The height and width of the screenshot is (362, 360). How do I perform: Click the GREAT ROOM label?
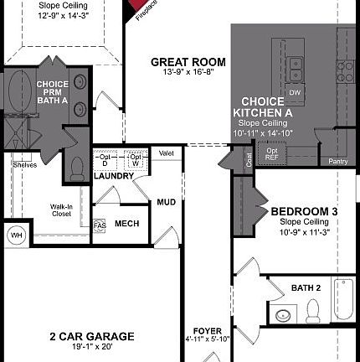[x=188, y=62]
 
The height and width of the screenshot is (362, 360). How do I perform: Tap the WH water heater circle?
[x=16, y=235]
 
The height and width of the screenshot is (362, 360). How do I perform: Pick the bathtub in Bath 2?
[x=342, y=299]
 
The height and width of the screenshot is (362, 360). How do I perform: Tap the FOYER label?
[x=207, y=331]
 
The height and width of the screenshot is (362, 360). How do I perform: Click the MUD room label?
[x=166, y=202]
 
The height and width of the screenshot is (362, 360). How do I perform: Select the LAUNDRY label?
[x=115, y=176]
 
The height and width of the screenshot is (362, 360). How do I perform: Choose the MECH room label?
[x=126, y=224]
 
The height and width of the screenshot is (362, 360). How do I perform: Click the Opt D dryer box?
[x=105, y=160]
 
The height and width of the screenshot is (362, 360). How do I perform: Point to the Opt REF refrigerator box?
[x=272, y=153]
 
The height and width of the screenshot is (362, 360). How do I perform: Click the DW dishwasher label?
[x=294, y=91]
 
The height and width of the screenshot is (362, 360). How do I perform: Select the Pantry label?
[x=338, y=161]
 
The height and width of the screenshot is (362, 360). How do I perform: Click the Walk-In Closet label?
[x=60, y=209]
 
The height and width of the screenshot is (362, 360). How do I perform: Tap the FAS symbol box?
[x=100, y=225]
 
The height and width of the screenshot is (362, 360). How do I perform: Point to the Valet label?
[x=166, y=153]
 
